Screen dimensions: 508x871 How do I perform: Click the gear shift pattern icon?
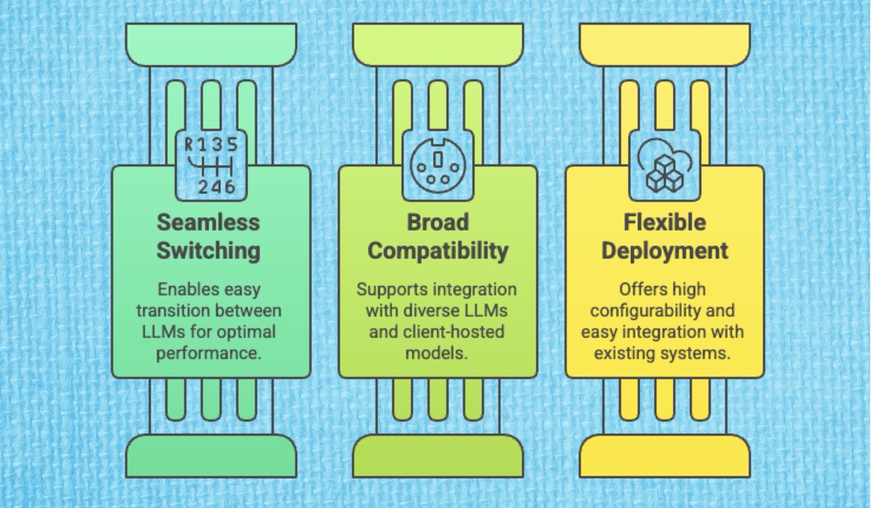(211, 165)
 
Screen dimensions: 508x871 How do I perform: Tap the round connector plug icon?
(437, 165)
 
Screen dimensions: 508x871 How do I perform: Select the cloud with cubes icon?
(663, 165)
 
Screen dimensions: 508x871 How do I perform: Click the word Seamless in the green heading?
(208, 222)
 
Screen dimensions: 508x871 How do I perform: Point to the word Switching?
(208, 250)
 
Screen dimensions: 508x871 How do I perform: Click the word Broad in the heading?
(438, 222)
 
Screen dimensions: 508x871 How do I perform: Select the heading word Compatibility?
(438, 250)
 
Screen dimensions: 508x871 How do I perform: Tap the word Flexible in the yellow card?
(664, 222)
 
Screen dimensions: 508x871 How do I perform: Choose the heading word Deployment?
(664, 250)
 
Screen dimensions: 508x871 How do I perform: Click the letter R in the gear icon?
(190, 144)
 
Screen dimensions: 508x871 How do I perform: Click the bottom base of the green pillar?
(211, 456)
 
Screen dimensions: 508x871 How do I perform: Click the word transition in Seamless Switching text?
(169, 311)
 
